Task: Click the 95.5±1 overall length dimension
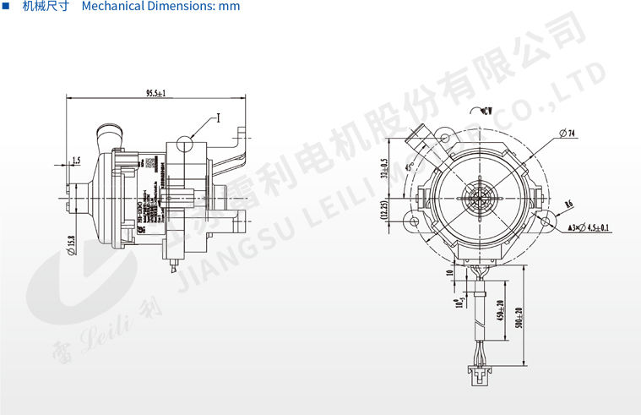[155, 92]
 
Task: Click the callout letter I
[217, 118]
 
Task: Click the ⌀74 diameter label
[567, 133]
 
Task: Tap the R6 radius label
[568, 204]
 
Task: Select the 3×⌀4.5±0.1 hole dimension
[589, 227]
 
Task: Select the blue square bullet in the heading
[6, 7]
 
